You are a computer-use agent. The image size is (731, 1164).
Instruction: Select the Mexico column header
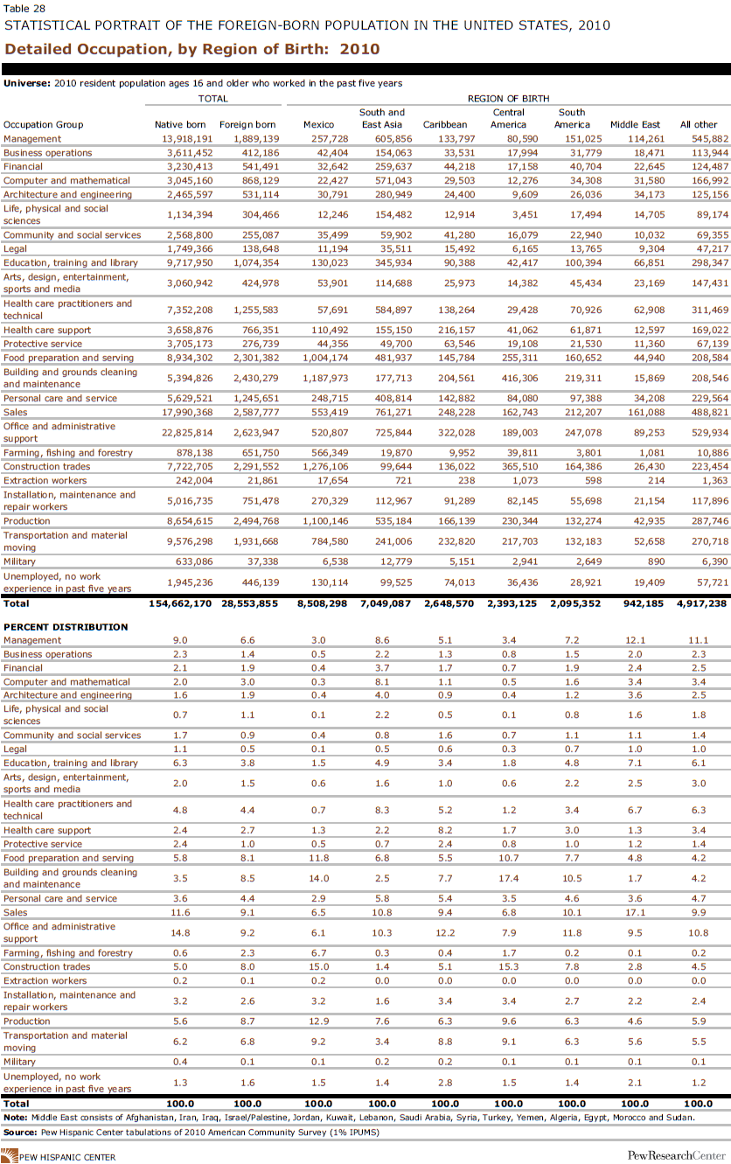(318, 125)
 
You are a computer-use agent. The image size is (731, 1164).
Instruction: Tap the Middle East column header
(635, 125)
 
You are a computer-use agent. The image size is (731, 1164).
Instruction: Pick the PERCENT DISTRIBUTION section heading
(66, 626)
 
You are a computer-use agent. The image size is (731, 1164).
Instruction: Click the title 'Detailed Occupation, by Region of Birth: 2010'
(192, 49)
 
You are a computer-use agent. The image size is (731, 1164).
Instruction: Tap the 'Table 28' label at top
(24, 8)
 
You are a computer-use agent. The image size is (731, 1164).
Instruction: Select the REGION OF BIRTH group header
(508, 99)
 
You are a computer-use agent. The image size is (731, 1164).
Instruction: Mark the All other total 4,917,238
(696, 603)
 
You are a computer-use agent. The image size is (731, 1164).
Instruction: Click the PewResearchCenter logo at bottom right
(675, 1156)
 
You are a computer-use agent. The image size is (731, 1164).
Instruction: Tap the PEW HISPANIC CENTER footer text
(66, 1157)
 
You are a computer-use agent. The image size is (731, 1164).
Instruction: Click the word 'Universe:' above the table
(27, 83)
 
